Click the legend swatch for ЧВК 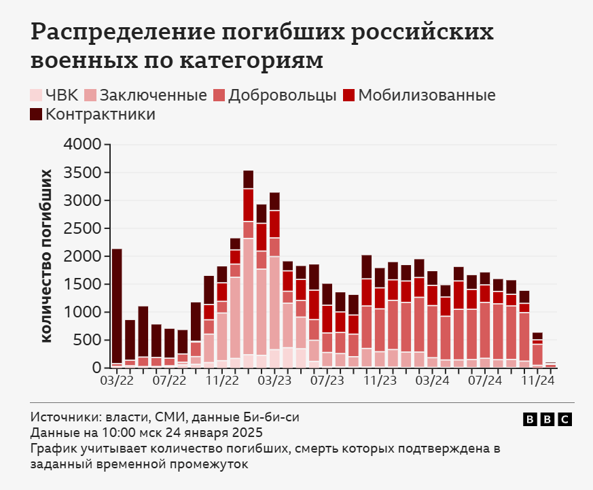click(x=36, y=95)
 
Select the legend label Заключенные click(x=153, y=95)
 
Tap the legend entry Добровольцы click(x=282, y=95)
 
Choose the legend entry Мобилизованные click(x=427, y=95)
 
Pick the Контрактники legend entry click(x=100, y=114)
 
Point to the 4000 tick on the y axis click(x=82, y=145)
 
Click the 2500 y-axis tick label click(x=82, y=228)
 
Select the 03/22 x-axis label click(x=117, y=381)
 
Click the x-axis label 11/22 click(x=222, y=381)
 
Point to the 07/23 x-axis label click(x=327, y=381)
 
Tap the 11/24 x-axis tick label click(x=537, y=381)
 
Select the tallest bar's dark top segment click(x=249, y=179)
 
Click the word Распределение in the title click(x=126, y=32)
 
